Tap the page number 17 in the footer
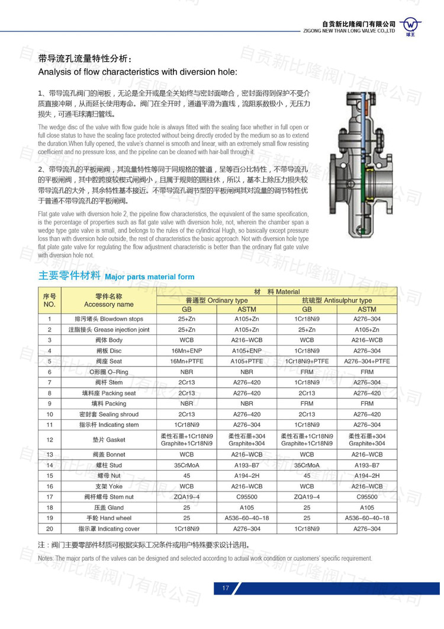pos(226,588)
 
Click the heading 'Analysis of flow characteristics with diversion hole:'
pos(137,72)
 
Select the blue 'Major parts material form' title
pos(149,277)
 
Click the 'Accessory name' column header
pos(109,304)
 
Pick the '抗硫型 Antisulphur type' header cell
pos(337,301)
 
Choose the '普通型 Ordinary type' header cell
pos(217,301)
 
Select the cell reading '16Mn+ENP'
pos(187,350)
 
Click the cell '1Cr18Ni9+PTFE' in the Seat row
pos(307,361)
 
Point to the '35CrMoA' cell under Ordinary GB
pos(187,465)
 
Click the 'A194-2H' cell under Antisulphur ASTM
pos(367,475)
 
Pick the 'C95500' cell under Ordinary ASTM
pos(247,497)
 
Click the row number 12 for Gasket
pos(50,439)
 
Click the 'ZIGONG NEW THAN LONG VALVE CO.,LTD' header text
pos(348,28)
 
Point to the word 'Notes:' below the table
pos(46,558)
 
